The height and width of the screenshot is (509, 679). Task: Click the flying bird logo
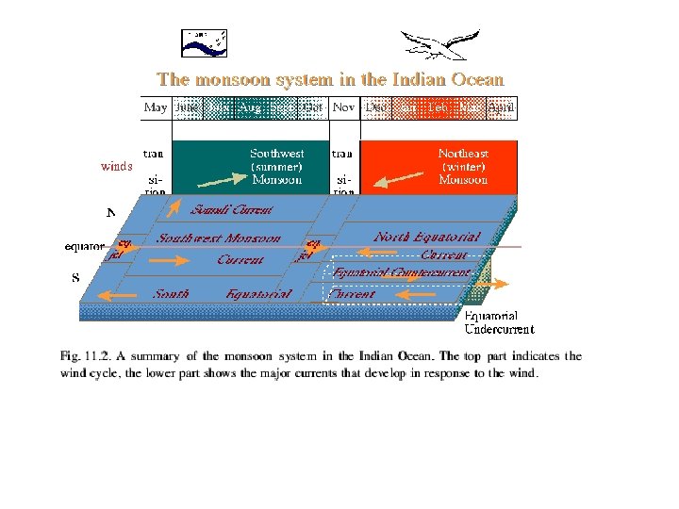coord(439,44)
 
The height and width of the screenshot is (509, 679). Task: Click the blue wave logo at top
coord(205,42)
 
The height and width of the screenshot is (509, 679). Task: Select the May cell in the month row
coord(156,107)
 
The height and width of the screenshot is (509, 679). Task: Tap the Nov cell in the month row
coord(343,107)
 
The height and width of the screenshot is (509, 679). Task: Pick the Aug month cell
coord(250,107)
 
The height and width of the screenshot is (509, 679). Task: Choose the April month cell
coord(502,107)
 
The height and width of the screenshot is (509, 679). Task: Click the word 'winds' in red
coord(117,167)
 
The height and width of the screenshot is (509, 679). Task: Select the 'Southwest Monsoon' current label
coord(219,239)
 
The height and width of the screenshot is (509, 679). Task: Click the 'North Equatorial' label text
coord(427,237)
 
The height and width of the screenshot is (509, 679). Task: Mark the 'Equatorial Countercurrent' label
coord(401,272)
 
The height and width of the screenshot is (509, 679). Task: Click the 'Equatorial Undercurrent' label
coord(499,322)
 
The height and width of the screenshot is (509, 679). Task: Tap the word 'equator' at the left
coord(85,247)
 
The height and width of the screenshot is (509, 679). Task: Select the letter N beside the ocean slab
coord(111,213)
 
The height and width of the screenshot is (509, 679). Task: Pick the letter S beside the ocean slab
coord(75,278)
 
